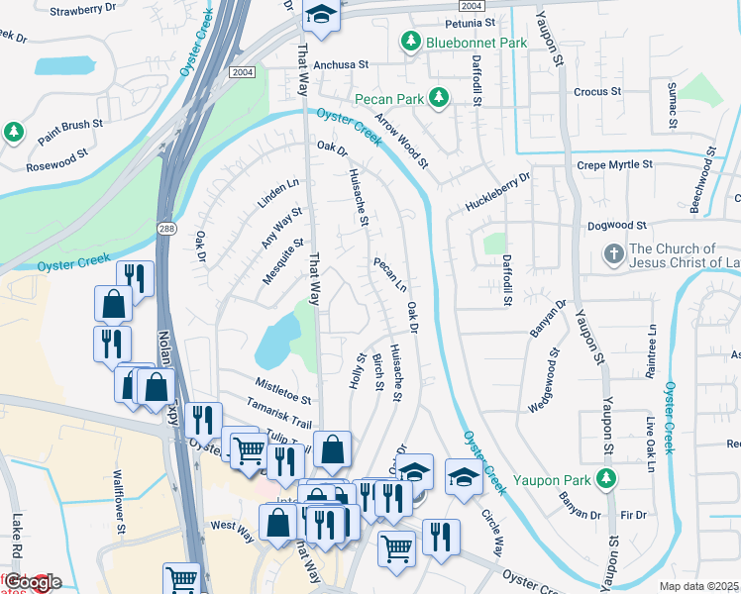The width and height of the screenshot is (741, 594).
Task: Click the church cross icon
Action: (613, 255)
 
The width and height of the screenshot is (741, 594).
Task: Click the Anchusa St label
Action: (341, 64)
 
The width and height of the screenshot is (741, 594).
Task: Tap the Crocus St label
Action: (597, 91)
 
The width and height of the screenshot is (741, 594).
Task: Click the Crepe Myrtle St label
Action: (615, 164)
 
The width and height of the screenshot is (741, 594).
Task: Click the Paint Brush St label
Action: (70, 126)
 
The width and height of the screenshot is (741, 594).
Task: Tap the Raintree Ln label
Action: (653, 348)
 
